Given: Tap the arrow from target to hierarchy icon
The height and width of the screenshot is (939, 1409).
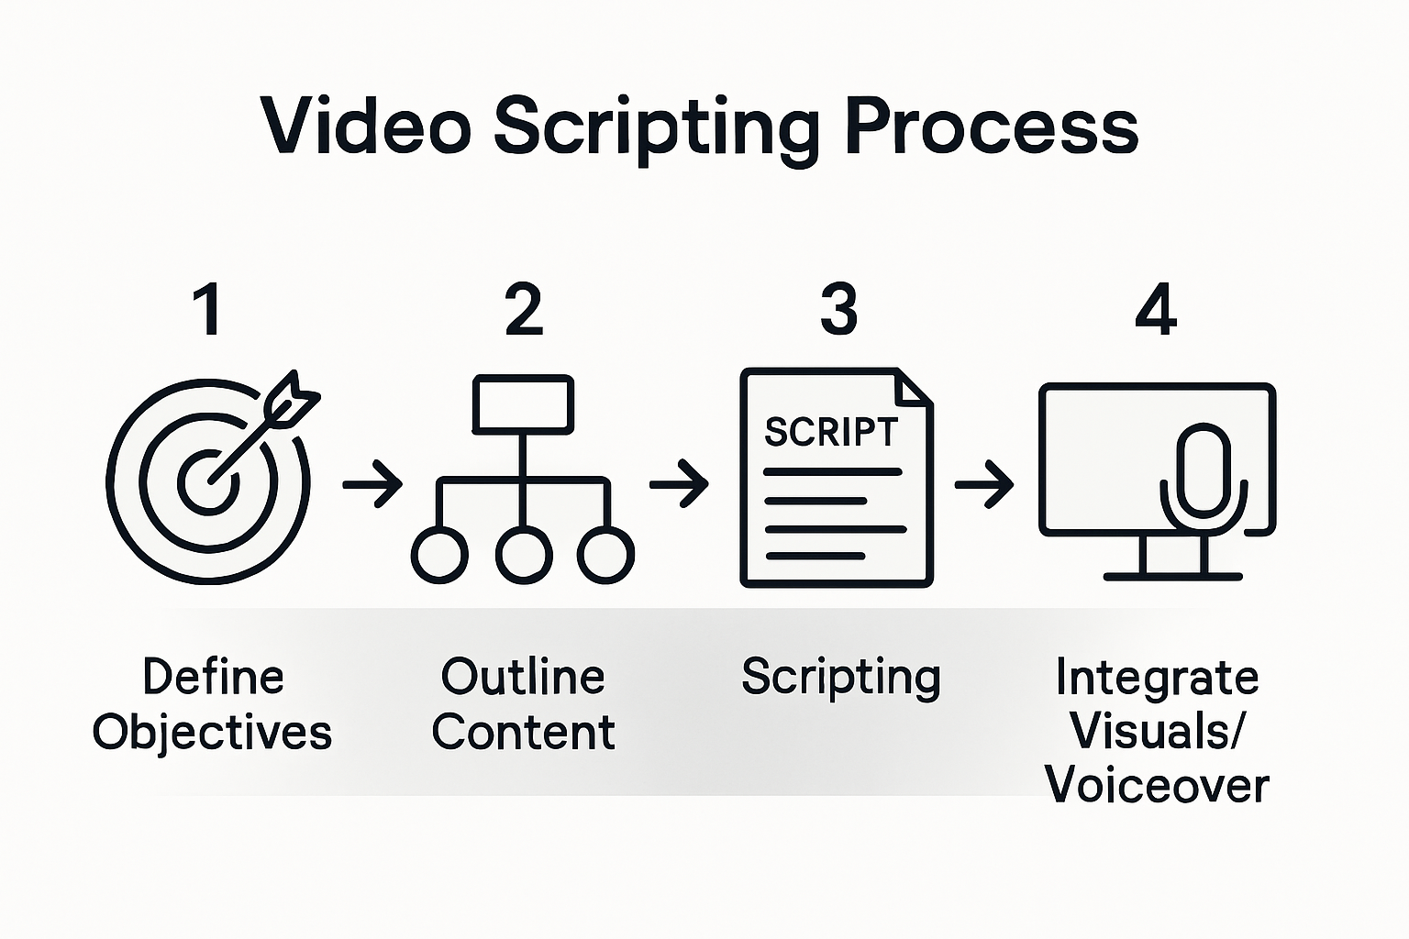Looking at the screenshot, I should [372, 482].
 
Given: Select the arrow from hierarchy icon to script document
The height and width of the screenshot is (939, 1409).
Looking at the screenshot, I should [679, 482].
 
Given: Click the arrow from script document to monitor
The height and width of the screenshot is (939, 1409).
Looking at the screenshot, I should [984, 482].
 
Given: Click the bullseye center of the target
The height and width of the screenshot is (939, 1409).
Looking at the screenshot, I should [209, 481].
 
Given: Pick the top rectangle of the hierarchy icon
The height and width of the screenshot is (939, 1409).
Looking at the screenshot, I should [523, 403].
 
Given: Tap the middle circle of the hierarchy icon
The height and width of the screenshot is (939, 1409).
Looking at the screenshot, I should [524, 555].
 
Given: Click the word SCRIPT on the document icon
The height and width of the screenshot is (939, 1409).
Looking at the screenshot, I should [831, 432].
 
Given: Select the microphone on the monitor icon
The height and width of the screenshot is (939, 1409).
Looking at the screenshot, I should [1203, 472].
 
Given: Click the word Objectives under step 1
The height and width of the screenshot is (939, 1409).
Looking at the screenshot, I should [212, 733].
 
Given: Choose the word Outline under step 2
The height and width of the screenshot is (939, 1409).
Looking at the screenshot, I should [523, 678].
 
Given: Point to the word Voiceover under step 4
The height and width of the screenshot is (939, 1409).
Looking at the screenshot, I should [1157, 786].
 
